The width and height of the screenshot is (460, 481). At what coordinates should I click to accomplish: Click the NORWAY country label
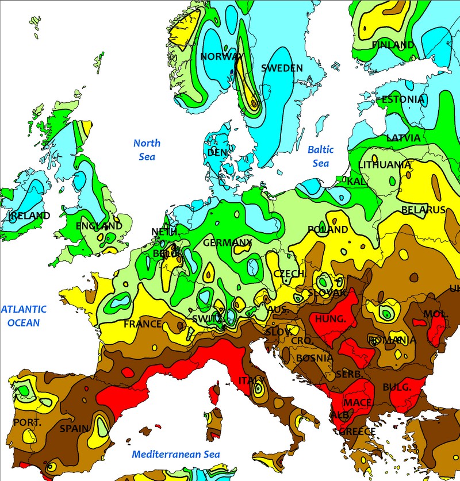pos(221,56)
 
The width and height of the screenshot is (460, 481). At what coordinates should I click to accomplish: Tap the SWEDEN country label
pos(282,68)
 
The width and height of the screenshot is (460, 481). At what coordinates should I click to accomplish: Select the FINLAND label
pos(393,44)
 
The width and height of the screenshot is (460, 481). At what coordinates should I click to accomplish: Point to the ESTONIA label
pos(402,99)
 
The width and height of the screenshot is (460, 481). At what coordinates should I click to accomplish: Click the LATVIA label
pos(403,138)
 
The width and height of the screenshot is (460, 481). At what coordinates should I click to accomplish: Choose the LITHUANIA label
pos(385,165)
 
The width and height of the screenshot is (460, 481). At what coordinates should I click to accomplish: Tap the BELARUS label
pos(423,210)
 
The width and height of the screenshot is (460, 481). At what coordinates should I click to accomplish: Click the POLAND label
pos(328,230)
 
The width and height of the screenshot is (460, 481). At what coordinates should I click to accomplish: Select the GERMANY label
pos(228,243)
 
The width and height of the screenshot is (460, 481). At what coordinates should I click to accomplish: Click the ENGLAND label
pos(99,226)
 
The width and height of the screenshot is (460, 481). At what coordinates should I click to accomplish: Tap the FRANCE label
pos(143,324)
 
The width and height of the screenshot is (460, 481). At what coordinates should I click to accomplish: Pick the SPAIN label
pos(74,428)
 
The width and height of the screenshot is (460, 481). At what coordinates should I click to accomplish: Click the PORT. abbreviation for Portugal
pos(26,422)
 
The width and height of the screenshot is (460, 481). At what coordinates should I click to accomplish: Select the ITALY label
pos(252,380)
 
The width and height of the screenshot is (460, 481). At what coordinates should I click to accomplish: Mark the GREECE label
pos(357,431)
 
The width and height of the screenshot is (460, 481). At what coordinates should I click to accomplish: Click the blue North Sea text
pos(147,149)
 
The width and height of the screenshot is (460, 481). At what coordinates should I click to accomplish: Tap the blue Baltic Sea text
pos(320,156)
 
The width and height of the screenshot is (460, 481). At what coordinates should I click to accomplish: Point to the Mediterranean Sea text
pos(175,455)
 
